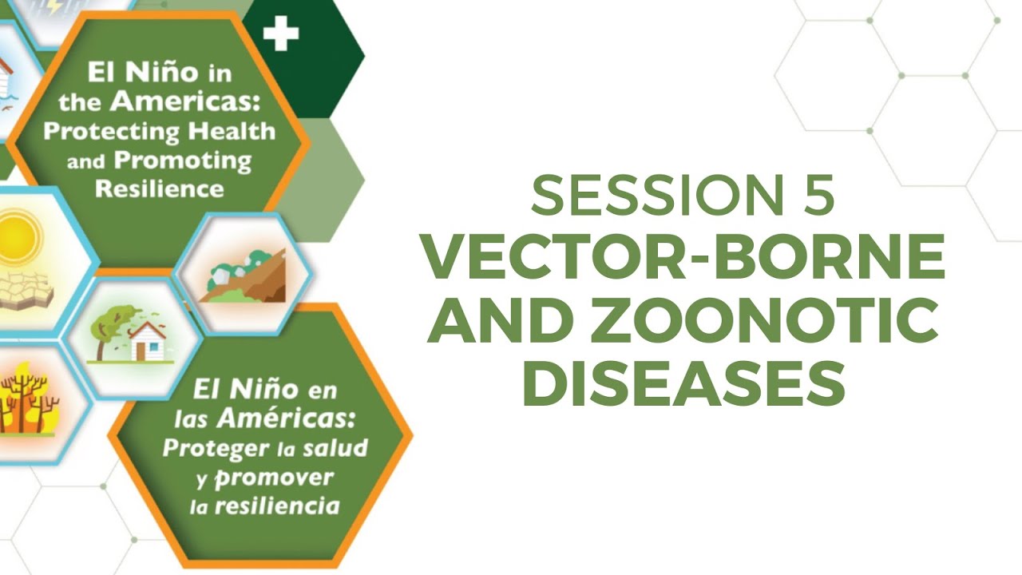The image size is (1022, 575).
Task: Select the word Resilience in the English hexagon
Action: click(x=160, y=188)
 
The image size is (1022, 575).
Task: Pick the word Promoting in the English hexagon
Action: click(x=183, y=160)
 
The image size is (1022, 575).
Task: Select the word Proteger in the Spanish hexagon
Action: click(x=215, y=447)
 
